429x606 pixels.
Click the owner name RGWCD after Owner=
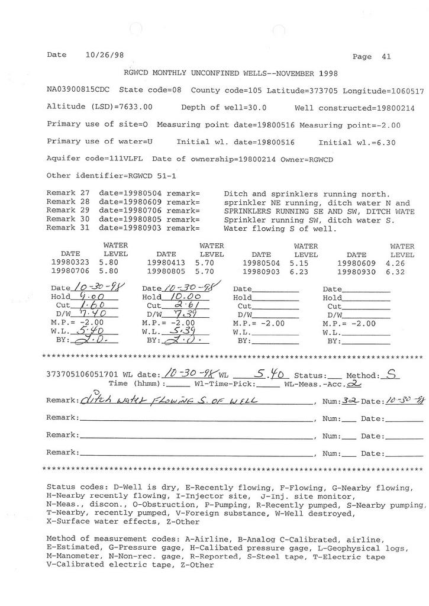coord(317,159)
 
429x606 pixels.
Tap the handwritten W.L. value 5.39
coord(177,332)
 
